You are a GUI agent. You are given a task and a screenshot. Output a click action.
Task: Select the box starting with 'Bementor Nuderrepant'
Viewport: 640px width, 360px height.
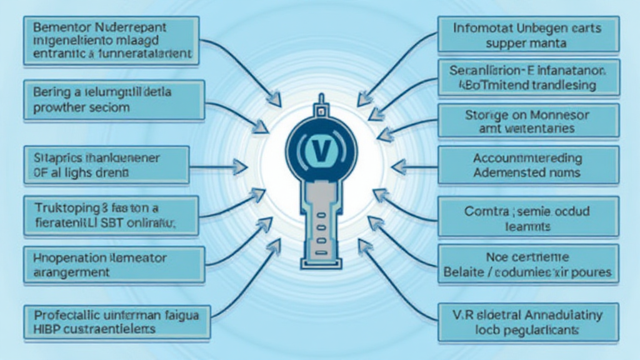point(112,41)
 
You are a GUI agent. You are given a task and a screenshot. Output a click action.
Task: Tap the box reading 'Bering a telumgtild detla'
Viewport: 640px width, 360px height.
point(112,99)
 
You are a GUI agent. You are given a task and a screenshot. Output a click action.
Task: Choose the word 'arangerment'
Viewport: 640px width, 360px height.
point(69,272)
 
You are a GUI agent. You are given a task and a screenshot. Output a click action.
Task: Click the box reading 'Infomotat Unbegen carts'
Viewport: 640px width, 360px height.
point(528,35)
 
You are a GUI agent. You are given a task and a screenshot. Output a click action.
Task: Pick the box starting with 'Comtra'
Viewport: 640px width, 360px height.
point(528,217)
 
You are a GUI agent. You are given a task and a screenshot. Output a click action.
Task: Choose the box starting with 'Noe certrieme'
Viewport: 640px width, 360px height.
point(528,265)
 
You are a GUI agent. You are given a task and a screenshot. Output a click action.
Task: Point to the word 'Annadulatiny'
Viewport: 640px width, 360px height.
point(558,316)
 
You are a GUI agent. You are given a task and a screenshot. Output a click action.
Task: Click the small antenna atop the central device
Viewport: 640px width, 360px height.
point(320,103)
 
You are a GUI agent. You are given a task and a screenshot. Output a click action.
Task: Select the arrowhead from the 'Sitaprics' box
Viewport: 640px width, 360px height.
point(239,166)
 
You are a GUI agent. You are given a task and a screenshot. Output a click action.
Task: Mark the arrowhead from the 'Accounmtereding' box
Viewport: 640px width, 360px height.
point(397,166)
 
